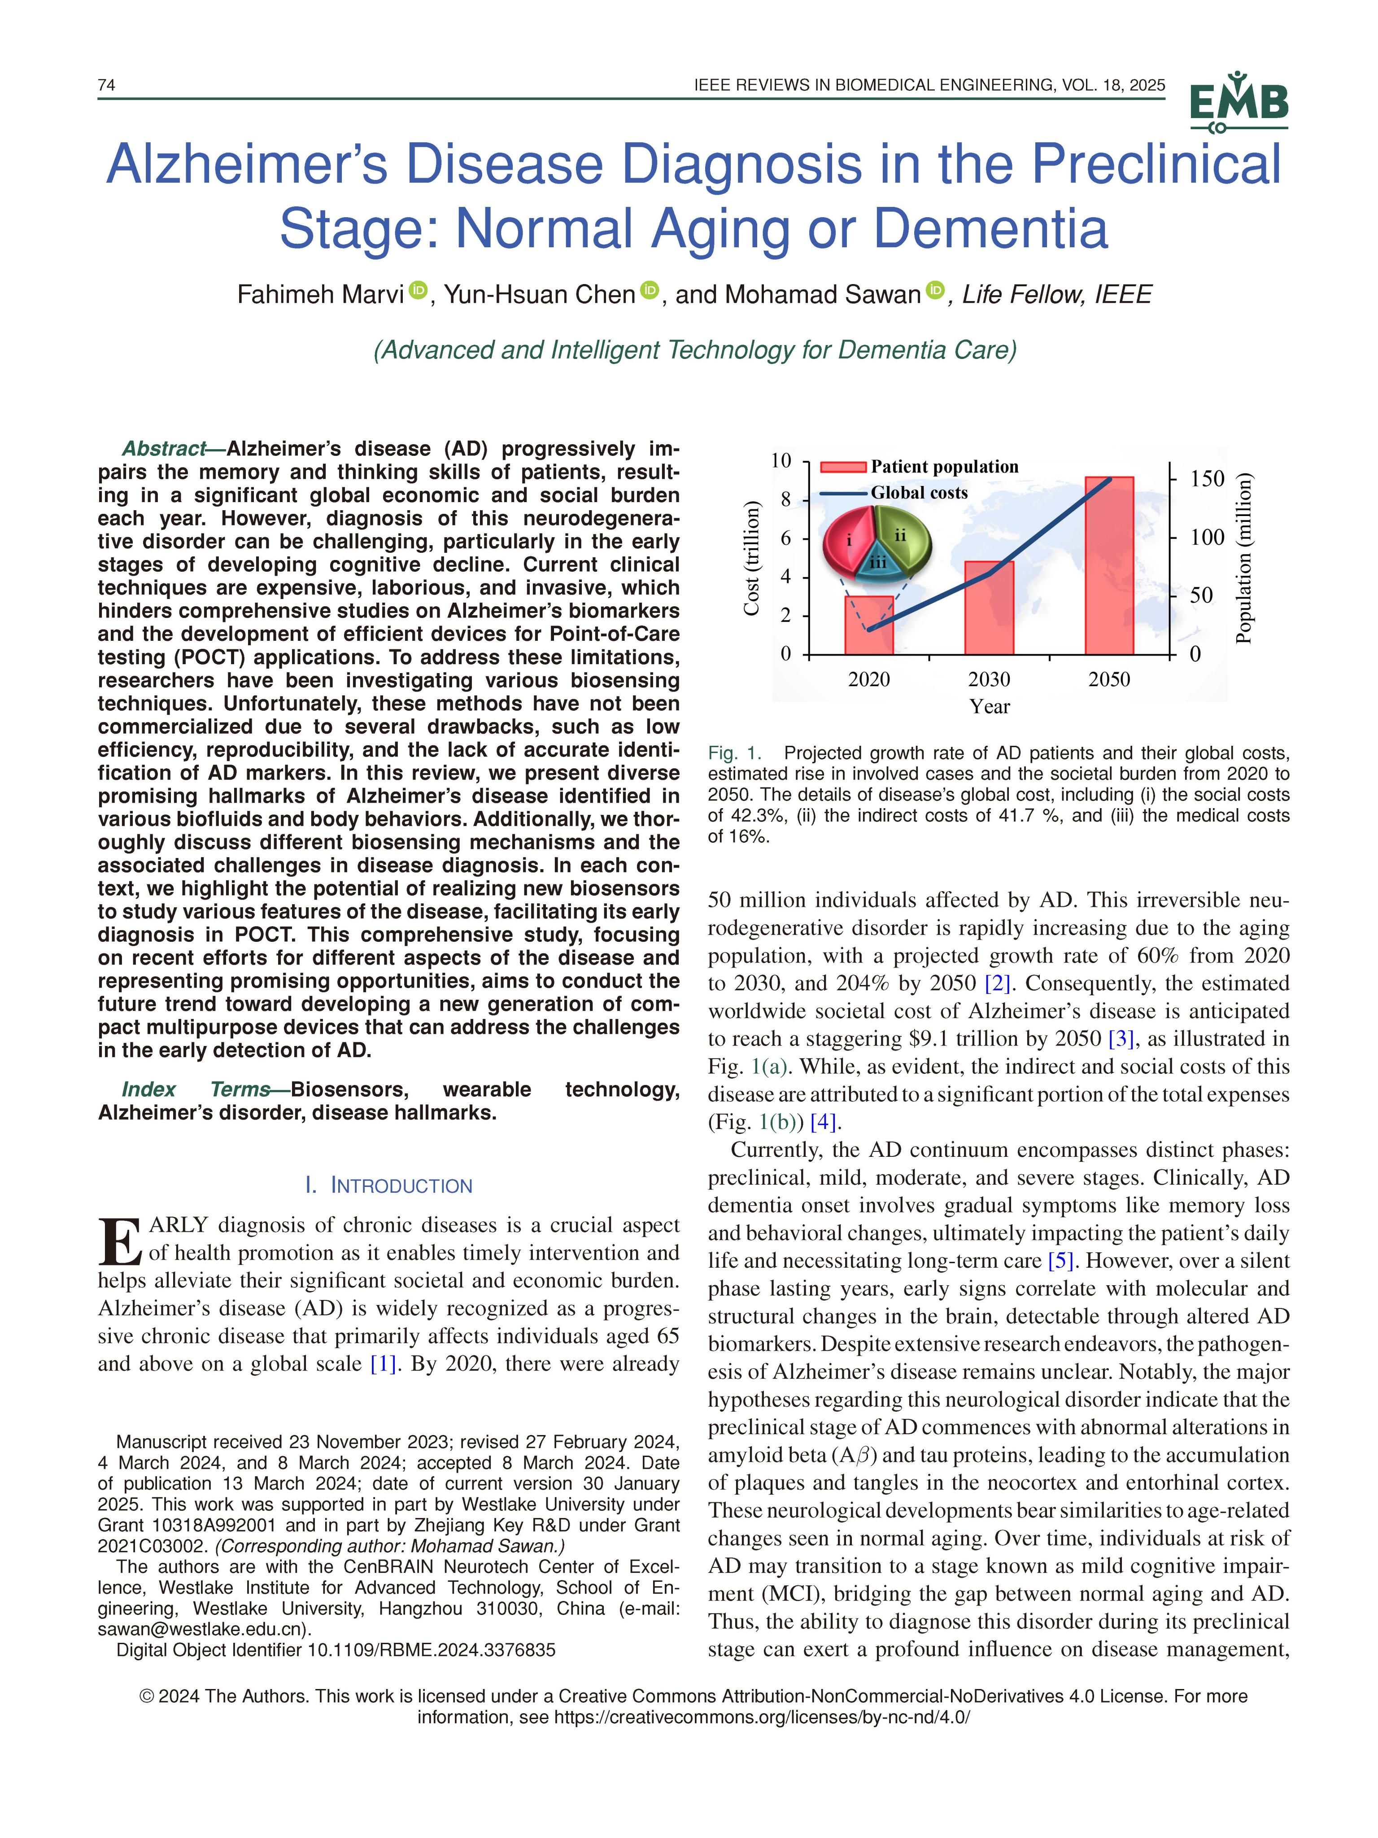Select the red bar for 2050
pyautogui.click(x=1109, y=565)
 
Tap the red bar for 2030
pyautogui.click(x=989, y=608)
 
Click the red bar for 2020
pyautogui.click(x=869, y=625)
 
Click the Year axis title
pyautogui.click(x=989, y=707)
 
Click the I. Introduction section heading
pyautogui.click(x=389, y=1185)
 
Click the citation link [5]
pyautogui.click(x=1061, y=1260)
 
